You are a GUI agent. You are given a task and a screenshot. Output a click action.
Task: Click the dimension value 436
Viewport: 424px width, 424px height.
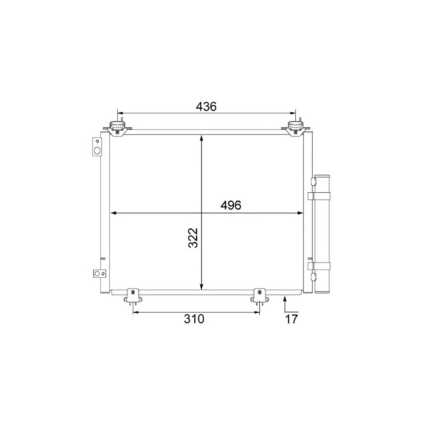[x=206, y=107]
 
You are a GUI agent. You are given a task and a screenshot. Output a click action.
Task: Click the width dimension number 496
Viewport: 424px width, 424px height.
[x=231, y=205]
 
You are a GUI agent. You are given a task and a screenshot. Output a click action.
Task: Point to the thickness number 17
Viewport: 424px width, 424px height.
[x=292, y=319]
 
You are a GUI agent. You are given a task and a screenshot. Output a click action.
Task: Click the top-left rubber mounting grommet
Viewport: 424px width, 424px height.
[x=117, y=127]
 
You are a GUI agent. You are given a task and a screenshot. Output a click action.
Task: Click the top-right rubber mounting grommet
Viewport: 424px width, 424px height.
[x=295, y=127]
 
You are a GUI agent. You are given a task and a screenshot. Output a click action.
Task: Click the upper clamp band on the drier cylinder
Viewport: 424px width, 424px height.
[x=319, y=196]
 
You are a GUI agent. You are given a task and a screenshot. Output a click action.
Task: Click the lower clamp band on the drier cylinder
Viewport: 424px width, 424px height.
[x=319, y=265]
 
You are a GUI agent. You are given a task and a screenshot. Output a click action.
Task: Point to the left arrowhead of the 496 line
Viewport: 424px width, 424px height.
[x=113, y=213]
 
